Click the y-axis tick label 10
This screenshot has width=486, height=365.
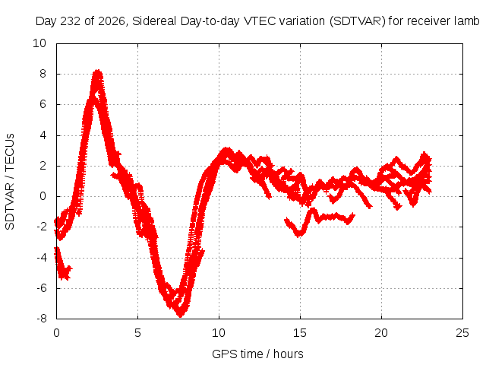tap(39, 43)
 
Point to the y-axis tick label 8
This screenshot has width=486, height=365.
tap(43, 74)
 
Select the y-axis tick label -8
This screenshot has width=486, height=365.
tap(41, 319)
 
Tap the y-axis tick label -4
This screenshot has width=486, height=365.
tap(41, 257)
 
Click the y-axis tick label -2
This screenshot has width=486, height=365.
tap(41, 227)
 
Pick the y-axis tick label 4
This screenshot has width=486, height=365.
tap(43, 135)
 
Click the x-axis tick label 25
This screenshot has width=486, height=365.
tap(462, 333)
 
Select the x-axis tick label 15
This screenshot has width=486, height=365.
tap(300, 333)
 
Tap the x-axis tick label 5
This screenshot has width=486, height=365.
tap(137, 333)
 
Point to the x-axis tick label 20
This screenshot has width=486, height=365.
tap(381, 333)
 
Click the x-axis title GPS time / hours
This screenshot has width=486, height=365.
tap(257, 354)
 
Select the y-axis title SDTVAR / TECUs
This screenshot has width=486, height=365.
tap(10, 182)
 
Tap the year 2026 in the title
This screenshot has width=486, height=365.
tap(112, 21)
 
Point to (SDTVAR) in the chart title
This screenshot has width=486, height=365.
tap(358, 21)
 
